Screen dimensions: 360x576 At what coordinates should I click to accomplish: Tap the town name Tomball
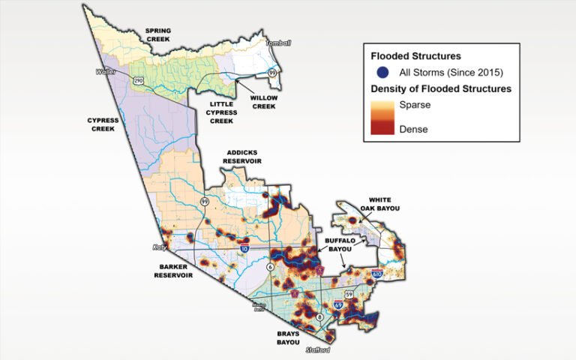point(277,43)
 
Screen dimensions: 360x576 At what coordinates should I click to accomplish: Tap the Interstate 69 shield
point(337,305)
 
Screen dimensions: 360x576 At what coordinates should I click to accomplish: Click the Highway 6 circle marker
point(268,266)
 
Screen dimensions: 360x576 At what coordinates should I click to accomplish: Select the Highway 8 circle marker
point(320,318)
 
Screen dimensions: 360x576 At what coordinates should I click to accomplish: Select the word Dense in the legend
point(414,129)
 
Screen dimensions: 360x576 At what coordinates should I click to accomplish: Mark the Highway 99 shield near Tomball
point(272,71)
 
